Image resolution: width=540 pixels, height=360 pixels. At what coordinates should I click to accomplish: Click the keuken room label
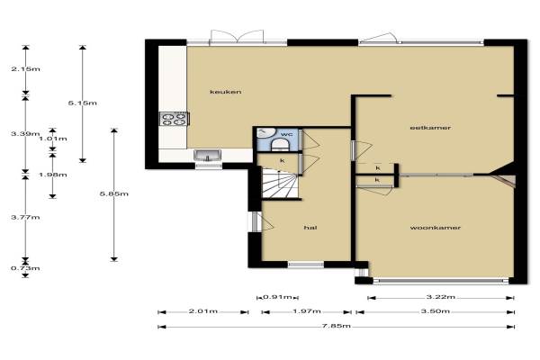point(226,92)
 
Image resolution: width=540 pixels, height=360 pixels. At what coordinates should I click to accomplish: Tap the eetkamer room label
point(430,128)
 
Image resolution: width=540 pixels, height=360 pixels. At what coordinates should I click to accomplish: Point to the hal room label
point(310,228)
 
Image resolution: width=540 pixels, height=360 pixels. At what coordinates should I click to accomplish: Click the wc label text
point(286,134)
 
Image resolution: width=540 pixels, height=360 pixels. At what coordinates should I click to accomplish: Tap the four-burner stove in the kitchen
point(175,119)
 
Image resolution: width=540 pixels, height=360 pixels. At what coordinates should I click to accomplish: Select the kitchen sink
point(207,156)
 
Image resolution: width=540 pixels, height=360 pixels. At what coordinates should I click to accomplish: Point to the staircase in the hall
point(279,183)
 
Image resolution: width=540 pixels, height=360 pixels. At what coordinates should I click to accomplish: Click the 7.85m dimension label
point(336,326)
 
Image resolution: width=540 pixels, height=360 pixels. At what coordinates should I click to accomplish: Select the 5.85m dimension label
point(114,194)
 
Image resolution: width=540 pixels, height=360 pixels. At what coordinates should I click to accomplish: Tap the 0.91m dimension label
point(277,297)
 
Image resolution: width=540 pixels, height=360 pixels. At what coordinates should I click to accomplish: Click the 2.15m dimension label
point(25,69)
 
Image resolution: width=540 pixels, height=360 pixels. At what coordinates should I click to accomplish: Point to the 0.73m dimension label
point(25,268)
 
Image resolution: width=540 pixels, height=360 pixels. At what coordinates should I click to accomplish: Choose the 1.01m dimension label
point(53,139)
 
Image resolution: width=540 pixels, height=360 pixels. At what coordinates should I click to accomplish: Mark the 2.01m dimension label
point(203,311)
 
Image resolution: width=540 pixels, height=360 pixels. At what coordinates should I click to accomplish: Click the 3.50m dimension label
point(436,311)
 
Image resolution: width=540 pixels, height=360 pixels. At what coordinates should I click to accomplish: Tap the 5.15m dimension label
point(82,103)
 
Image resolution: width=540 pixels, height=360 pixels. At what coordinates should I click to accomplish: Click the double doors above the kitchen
point(237,37)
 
